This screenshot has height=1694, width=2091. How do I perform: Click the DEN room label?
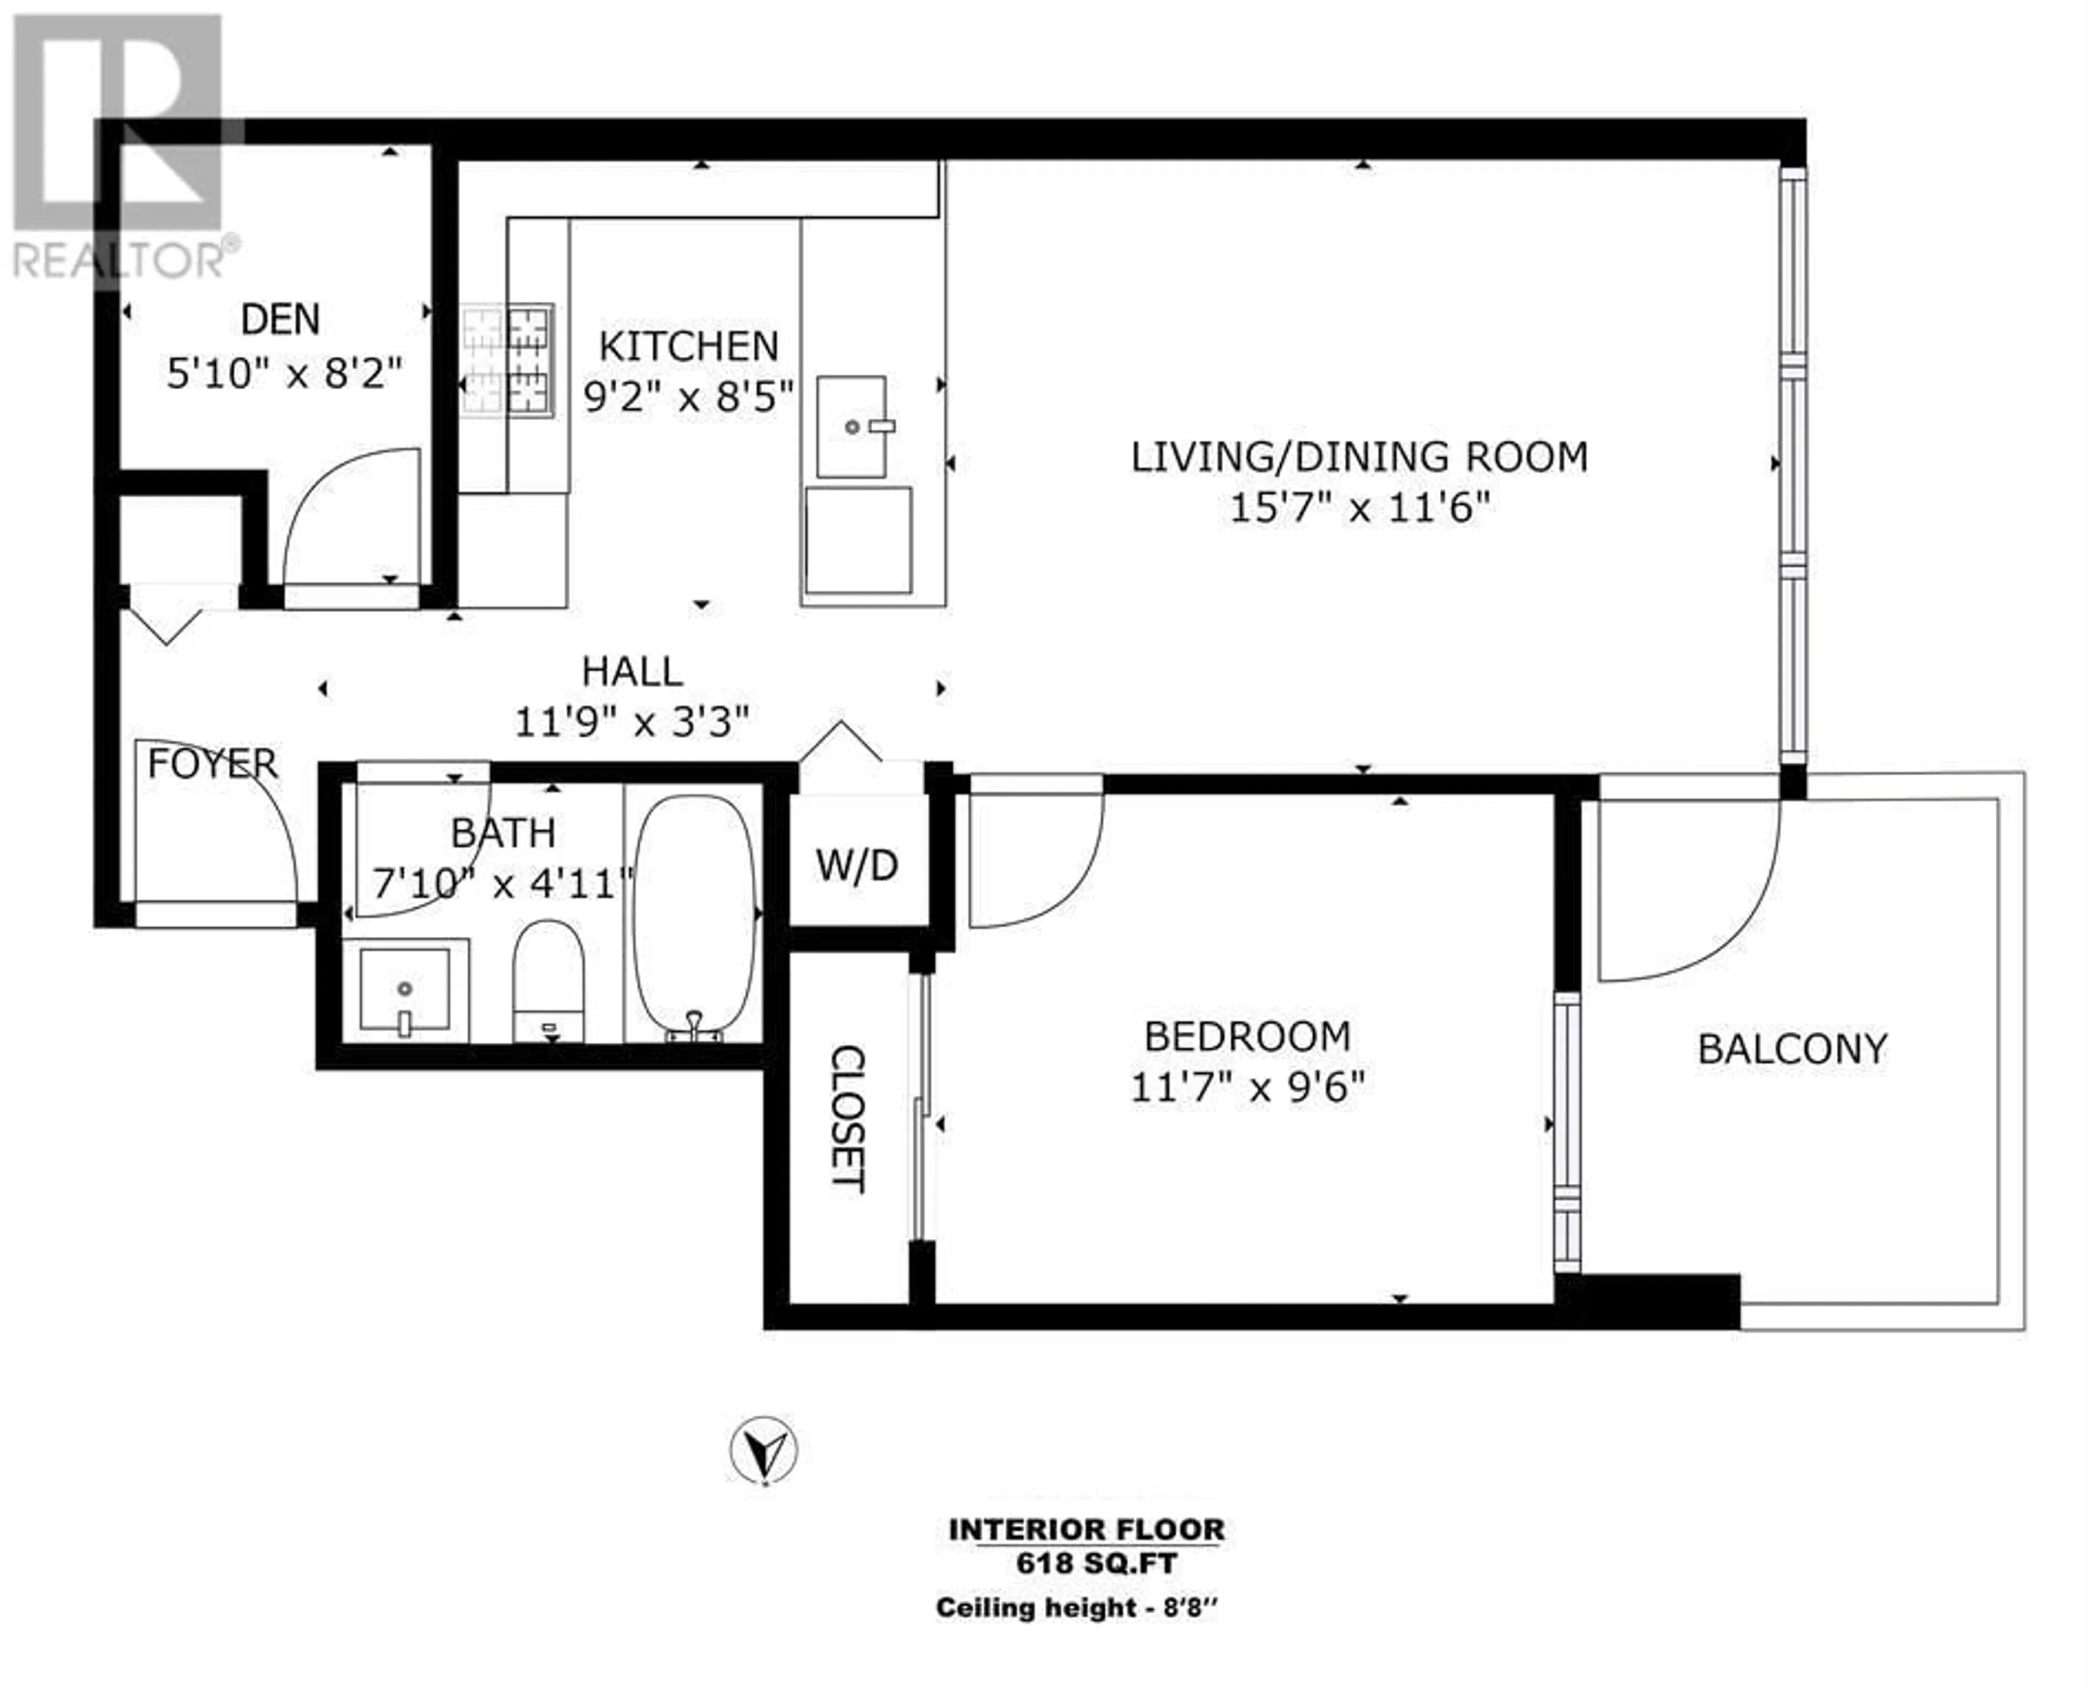pos(280,319)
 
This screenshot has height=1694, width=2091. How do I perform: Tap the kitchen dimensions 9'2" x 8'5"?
pos(689,396)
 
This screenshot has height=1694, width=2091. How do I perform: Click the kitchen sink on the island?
pos(852,426)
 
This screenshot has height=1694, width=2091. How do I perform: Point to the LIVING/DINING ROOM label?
pos(1359,457)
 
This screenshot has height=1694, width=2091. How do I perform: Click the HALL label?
pos(632,671)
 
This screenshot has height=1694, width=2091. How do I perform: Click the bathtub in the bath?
pos(694,918)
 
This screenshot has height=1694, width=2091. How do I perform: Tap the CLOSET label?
pos(847,1118)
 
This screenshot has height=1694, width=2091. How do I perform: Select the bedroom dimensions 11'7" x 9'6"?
pos(1247,1086)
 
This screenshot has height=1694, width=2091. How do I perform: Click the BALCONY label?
pos(1793,1049)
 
